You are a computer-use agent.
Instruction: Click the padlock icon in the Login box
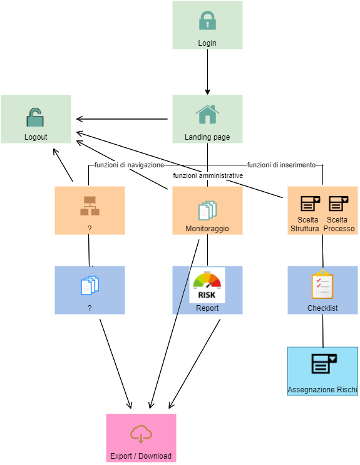click(207, 21)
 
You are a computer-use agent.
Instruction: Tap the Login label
click(207, 43)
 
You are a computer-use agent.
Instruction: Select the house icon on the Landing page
click(207, 114)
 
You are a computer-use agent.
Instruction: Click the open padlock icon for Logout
click(35, 117)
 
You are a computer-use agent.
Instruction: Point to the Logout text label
click(36, 137)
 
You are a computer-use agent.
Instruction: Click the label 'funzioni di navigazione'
click(129, 165)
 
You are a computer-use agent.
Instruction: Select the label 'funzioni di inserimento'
click(282, 165)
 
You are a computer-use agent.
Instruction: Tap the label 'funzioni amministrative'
click(208, 175)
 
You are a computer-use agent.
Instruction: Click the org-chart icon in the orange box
click(90, 206)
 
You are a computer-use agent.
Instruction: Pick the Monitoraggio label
click(207, 229)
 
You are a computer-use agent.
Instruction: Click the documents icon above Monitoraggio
click(207, 211)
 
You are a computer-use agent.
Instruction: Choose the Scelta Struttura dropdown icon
click(310, 204)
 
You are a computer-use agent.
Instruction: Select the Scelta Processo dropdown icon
click(338, 204)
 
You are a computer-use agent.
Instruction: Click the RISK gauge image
click(207, 285)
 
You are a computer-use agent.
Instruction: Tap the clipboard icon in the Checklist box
click(322, 285)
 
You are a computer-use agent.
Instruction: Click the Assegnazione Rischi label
click(322, 390)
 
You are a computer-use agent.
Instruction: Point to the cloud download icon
click(141, 434)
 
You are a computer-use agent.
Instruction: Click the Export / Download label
click(141, 456)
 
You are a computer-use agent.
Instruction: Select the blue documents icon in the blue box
click(90, 285)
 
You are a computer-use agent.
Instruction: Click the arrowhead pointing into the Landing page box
click(207, 92)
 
